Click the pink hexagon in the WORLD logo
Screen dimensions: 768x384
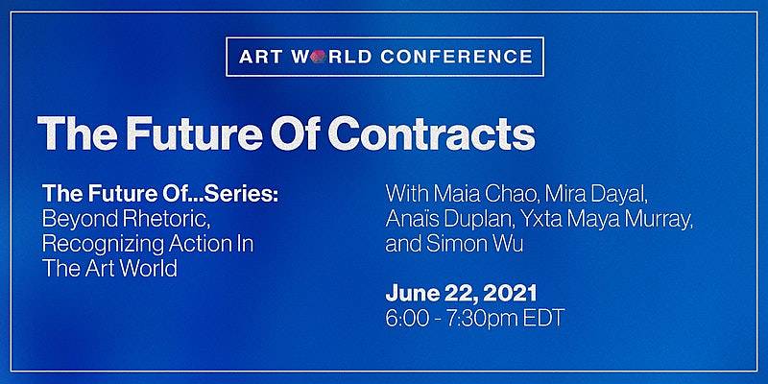click(x=318, y=57)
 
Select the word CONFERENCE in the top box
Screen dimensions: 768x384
click(x=456, y=57)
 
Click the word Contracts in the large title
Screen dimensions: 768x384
click(x=431, y=132)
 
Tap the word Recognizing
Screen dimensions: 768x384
click(x=96, y=244)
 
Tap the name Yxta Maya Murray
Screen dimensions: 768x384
click(x=602, y=220)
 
